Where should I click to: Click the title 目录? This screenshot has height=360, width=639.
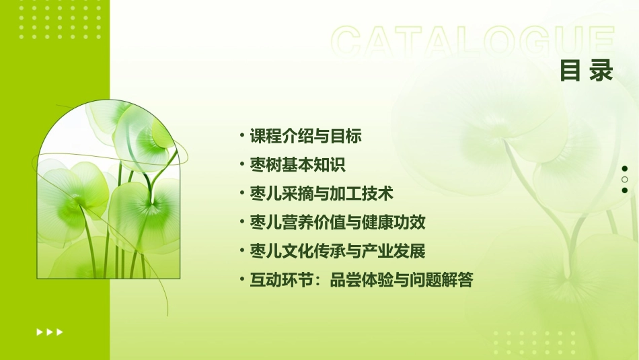coord(587,71)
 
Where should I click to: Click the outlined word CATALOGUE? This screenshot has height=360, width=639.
coord(473,42)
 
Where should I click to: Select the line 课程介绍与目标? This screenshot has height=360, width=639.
coord(305,136)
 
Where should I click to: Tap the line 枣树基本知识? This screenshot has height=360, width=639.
coord(297,165)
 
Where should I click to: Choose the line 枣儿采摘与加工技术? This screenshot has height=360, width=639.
coord(321,194)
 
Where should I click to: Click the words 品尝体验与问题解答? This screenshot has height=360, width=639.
coord(401,281)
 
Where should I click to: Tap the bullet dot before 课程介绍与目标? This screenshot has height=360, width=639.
coord(242,135)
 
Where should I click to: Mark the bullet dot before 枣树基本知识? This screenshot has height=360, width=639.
coord(242,164)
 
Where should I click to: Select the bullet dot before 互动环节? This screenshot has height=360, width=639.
coord(242,280)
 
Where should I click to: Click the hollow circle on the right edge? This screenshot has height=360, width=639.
coord(625,179)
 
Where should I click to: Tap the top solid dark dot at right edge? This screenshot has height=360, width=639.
coord(625,168)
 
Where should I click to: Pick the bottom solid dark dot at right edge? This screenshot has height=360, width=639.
coord(625,190)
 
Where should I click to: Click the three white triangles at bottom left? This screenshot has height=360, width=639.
coord(50,332)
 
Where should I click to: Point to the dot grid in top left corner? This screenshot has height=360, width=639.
coord(60,18)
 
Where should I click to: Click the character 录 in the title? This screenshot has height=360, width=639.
coord(601,71)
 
